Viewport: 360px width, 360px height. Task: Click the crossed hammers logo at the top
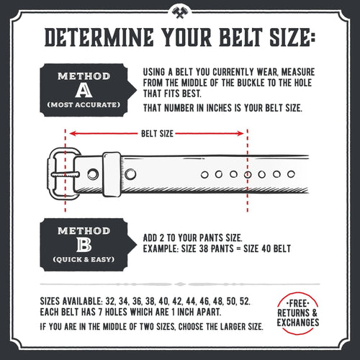[x=179, y=12]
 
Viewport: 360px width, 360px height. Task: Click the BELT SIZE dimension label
[x=156, y=133]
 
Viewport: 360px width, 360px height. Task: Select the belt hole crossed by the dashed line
[x=248, y=175]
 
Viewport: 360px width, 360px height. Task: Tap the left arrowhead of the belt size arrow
[x=72, y=133]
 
